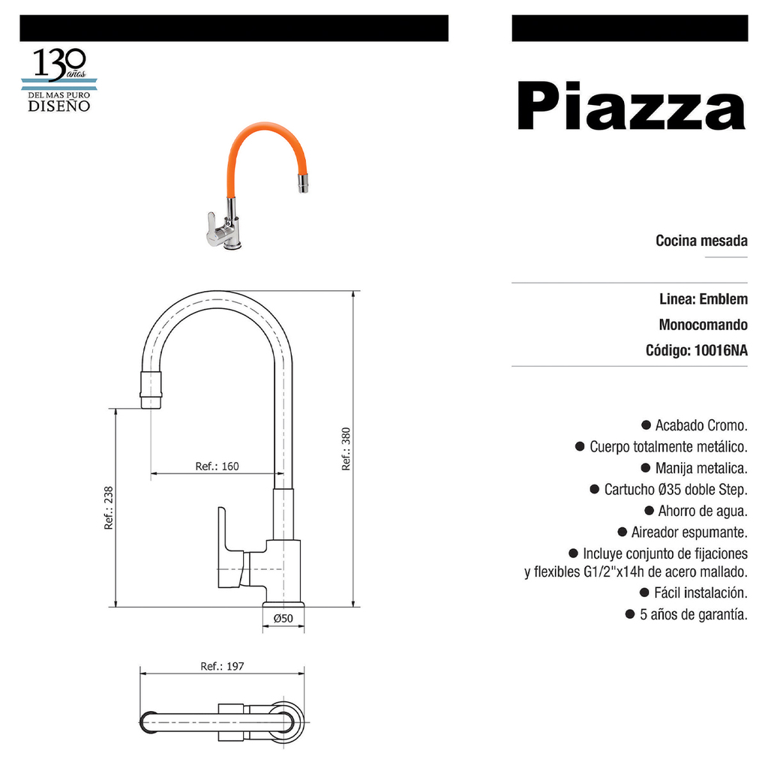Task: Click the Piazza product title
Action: point(631,106)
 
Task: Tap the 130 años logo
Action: point(59,79)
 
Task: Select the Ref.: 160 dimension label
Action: point(217,466)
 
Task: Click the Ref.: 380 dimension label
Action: point(346,449)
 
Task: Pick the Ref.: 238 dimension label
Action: point(108,508)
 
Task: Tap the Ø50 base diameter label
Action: point(283,619)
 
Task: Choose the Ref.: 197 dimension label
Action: point(222,666)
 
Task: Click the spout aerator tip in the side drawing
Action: point(151,390)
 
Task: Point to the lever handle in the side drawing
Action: point(230,547)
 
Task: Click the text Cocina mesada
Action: point(701,241)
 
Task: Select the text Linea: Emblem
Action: point(703,298)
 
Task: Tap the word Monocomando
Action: point(703,325)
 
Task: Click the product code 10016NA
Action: point(721,350)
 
